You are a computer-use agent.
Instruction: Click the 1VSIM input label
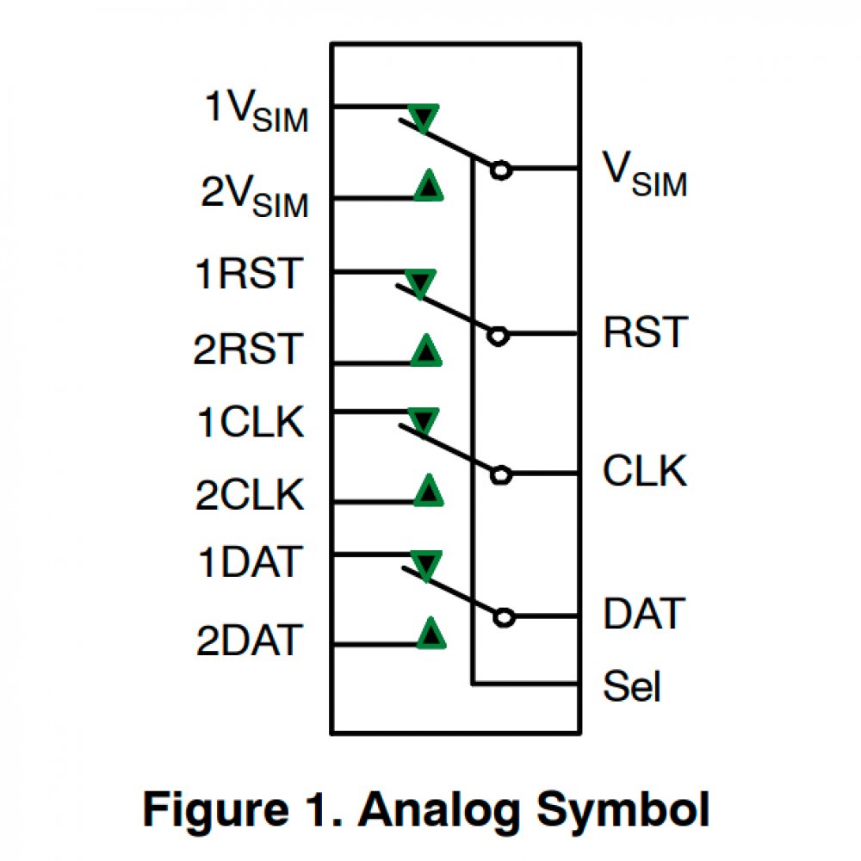tap(256, 111)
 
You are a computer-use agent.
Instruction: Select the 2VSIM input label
tap(254, 197)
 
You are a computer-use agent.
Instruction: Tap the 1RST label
tap(250, 274)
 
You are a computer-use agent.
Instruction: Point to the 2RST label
tap(248, 350)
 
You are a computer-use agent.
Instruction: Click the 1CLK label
tap(250, 423)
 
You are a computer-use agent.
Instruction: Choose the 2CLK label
tap(250, 497)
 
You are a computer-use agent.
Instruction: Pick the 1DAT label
tap(250, 563)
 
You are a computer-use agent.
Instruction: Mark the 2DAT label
tap(250, 641)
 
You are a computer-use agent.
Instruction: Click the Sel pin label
tap(633, 687)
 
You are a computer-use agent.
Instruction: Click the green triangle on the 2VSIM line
tap(428, 186)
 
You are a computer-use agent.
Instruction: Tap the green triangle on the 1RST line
tap(421, 283)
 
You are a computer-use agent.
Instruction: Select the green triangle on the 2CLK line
tap(428, 491)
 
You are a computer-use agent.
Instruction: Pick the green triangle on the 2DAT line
tap(430, 634)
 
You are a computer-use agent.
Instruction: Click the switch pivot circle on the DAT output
tap(505, 616)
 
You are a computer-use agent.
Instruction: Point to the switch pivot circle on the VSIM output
tap(500, 170)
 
